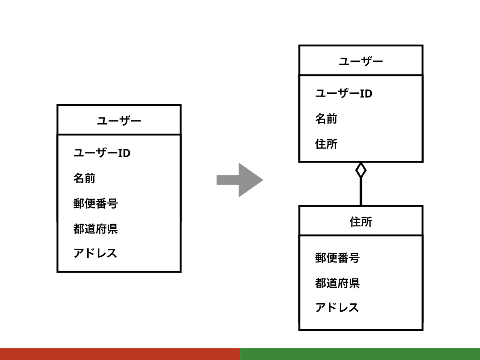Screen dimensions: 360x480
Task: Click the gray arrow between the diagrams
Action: pyautogui.click(x=240, y=180)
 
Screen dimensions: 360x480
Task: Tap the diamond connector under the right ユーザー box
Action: pyautogui.click(x=360, y=170)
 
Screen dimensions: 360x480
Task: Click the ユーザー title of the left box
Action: pyautogui.click(x=119, y=121)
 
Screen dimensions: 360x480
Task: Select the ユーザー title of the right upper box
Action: pyautogui.click(x=361, y=61)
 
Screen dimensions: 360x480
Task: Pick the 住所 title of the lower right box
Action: pyautogui.click(x=361, y=221)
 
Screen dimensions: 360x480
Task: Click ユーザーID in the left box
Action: pyautogui.click(x=102, y=153)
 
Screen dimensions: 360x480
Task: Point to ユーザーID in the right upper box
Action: pyautogui.click(x=344, y=93)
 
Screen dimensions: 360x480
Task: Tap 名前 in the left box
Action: pyautogui.click(x=84, y=178)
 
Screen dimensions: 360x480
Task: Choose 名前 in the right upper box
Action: pyautogui.click(x=326, y=119)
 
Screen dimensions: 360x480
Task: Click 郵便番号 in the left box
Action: pyautogui.click(x=96, y=203)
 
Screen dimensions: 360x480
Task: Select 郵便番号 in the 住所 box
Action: pyautogui.click(x=337, y=258)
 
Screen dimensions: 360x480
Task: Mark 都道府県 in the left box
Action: pyautogui.click(x=96, y=229)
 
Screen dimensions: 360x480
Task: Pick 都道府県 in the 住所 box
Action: pyautogui.click(x=337, y=283)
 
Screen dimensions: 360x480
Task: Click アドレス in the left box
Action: pyautogui.click(x=95, y=253)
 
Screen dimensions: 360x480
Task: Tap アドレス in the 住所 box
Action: pyautogui.click(x=337, y=307)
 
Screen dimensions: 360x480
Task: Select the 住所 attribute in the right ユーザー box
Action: pyautogui.click(x=326, y=144)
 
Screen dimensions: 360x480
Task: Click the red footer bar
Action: pyautogui.click(x=120, y=354)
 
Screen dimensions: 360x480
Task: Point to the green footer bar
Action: pyautogui.click(x=360, y=354)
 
